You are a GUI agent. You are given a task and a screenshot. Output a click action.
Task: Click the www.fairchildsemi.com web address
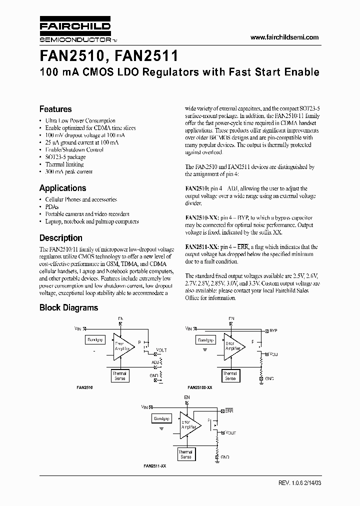284,37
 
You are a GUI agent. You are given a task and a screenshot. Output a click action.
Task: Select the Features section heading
55,109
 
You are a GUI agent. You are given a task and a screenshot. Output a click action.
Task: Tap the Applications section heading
62,188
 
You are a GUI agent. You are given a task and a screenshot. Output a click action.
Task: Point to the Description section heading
60,238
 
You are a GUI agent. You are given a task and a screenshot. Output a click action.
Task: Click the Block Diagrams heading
68,308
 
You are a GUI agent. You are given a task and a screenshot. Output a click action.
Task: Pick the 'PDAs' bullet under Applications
51,206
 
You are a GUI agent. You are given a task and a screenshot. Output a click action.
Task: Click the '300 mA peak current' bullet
68,171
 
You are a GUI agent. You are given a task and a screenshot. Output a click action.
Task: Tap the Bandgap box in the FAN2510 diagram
95,340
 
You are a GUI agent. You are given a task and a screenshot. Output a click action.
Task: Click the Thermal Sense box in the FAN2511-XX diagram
185,454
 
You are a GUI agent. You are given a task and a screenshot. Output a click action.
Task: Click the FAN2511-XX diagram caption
156,466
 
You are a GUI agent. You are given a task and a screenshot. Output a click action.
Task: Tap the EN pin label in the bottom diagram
187,397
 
